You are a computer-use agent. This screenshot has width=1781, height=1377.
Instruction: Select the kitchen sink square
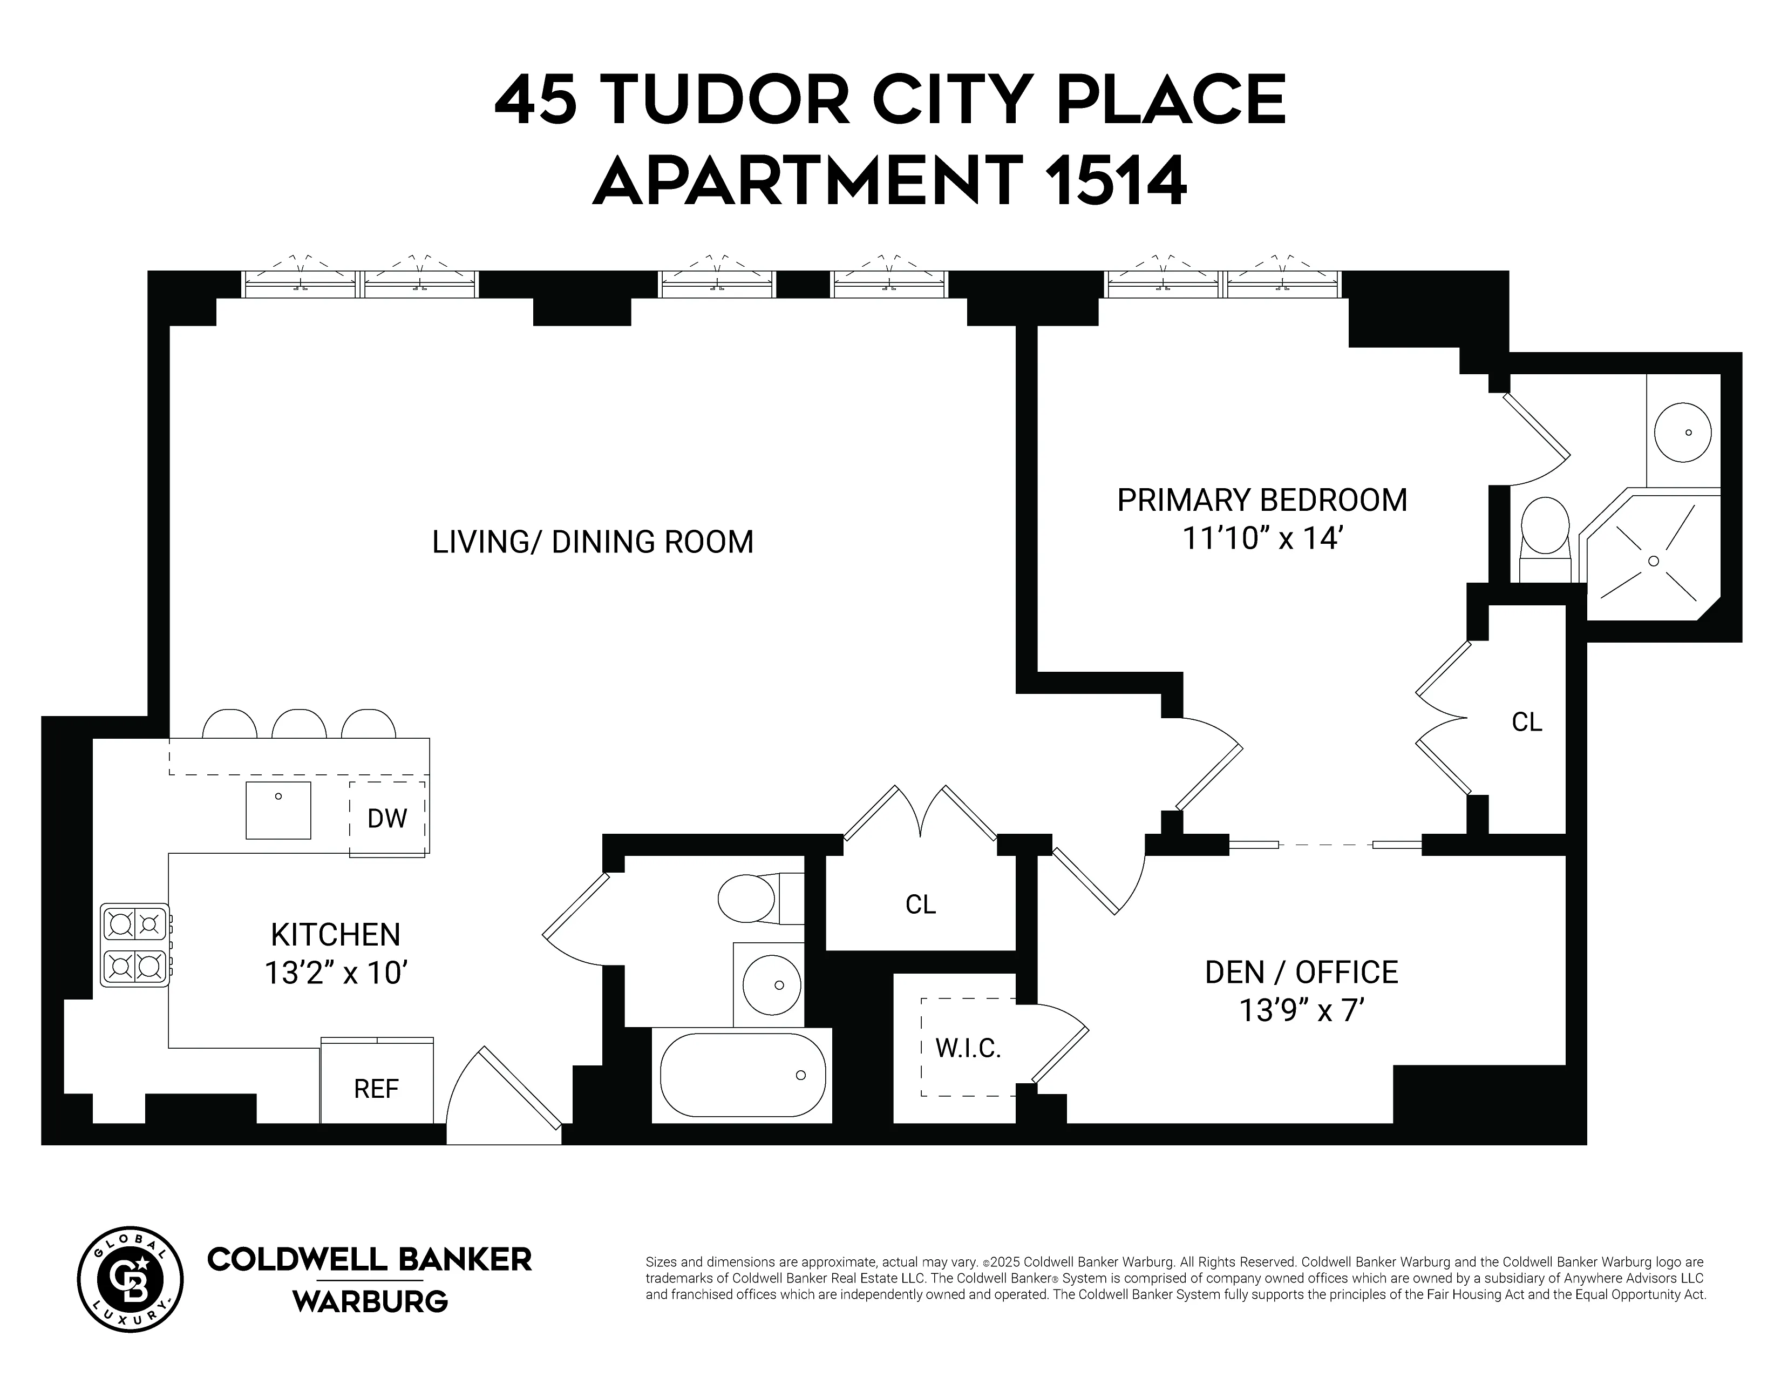[278, 810]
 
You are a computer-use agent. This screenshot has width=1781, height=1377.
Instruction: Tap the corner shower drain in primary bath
[1653, 561]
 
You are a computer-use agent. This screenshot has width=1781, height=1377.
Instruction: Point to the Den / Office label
[1302, 973]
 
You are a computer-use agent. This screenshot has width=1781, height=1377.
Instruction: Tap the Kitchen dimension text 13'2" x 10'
[335, 973]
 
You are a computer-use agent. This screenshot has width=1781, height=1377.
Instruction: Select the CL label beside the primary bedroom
[1527, 722]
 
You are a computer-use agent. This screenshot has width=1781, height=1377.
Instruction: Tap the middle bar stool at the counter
[298, 724]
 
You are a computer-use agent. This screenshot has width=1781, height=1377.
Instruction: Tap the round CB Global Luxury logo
[131, 1279]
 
